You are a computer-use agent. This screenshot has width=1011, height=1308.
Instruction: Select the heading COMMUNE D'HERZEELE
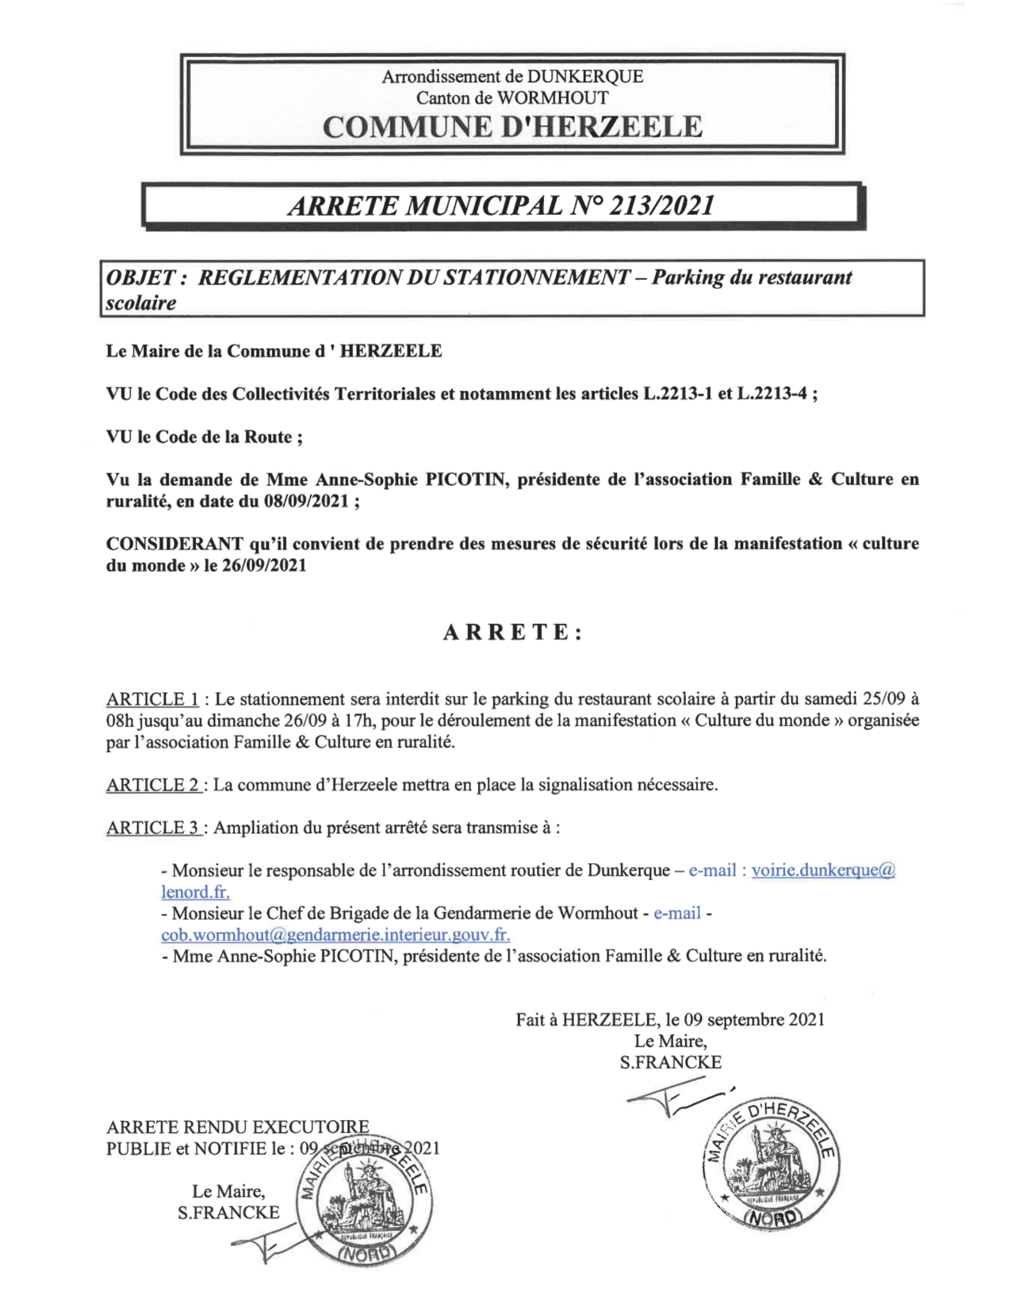coord(512,127)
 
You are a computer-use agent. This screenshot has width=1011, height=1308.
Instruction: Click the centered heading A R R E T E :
coord(512,633)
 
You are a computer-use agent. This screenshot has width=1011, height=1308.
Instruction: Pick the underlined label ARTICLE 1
coord(152,699)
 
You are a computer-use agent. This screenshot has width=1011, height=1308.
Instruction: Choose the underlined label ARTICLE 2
coord(153,785)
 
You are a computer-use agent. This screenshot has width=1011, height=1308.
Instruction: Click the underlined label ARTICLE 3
coord(153,828)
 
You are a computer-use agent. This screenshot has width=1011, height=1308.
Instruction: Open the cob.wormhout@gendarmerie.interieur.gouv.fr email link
coord(335,935)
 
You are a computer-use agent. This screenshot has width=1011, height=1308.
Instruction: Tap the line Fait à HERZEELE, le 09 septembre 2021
coord(670,1019)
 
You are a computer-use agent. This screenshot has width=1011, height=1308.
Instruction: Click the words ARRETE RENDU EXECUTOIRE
coord(238,1126)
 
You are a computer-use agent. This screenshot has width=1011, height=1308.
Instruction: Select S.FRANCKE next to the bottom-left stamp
coord(228,1213)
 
